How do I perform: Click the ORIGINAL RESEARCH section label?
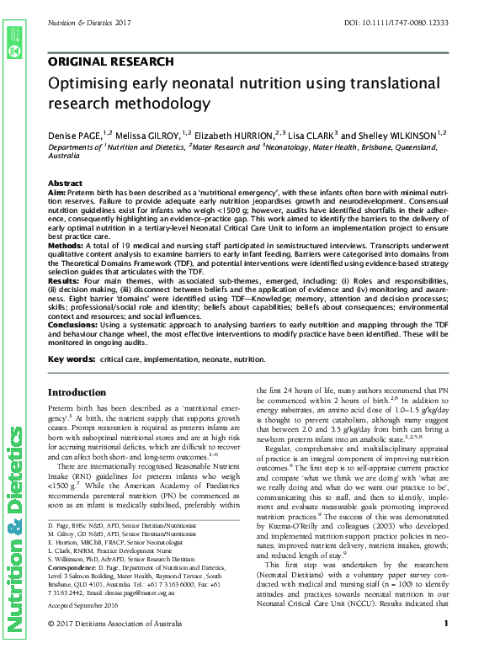(x=110, y=61)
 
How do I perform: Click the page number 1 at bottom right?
(x=445, y=646)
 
